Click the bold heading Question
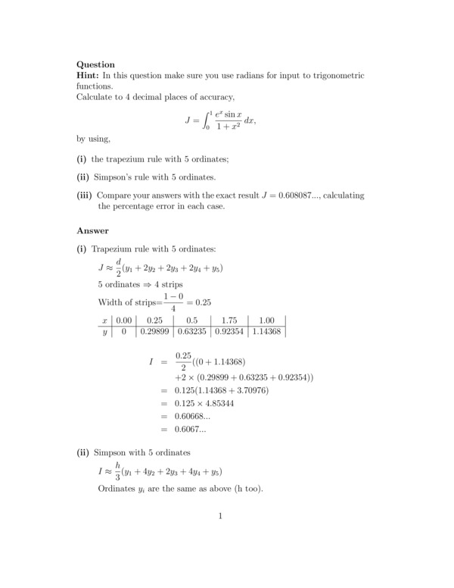[96, 64]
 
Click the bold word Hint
[89, 76]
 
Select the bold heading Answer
[92, 230]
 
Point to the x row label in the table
[105, 320]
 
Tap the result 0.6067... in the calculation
[191, 428]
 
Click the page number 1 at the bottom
[219, 517]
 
